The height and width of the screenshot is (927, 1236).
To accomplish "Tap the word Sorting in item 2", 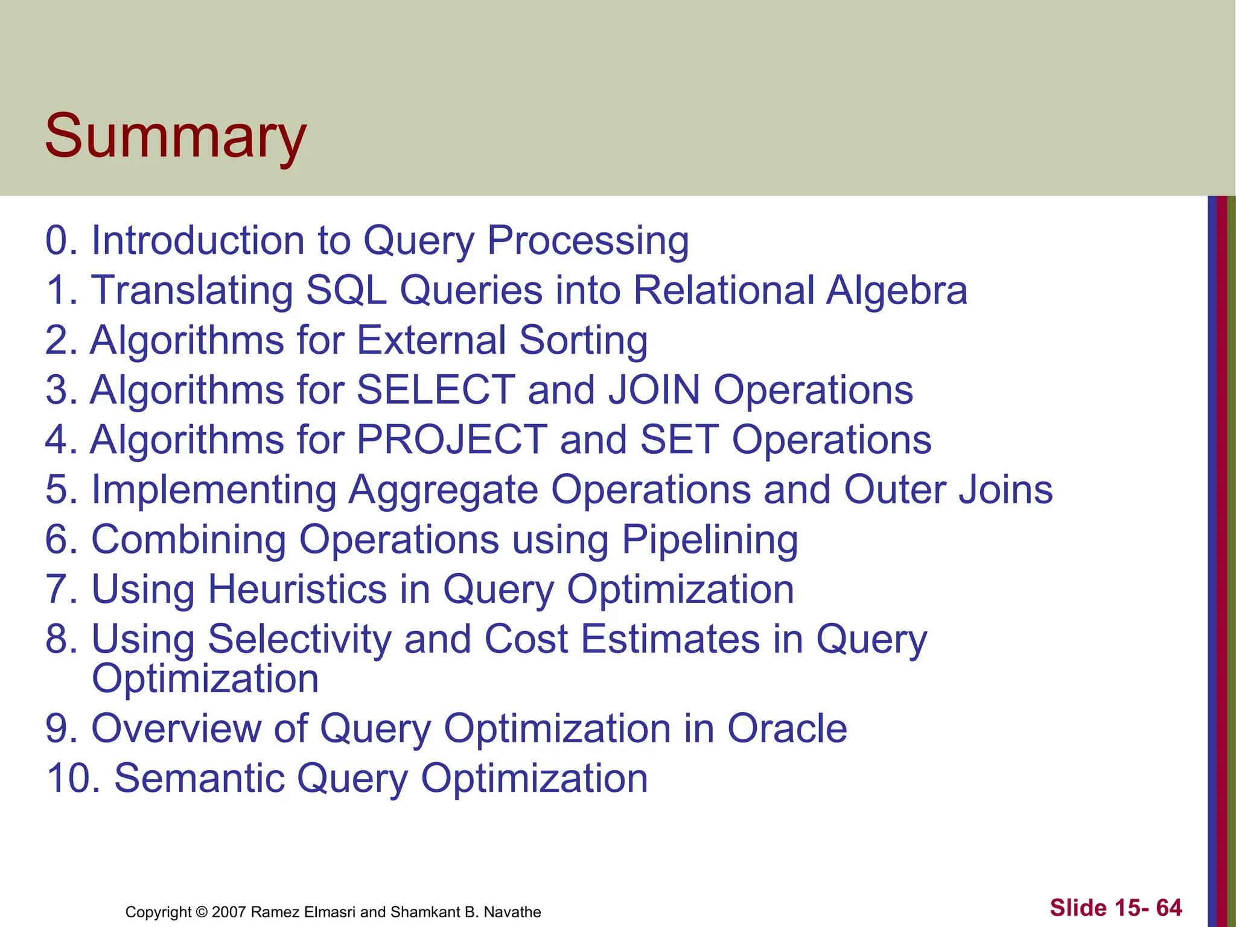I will coord(583,341).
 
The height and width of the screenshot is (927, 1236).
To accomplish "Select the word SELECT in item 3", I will coord(436,390).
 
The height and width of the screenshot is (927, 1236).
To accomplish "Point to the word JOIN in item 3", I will coord(654,390).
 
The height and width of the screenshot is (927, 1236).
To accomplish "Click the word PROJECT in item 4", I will coord(451,439).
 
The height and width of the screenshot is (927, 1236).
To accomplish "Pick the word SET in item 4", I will coord(679,439).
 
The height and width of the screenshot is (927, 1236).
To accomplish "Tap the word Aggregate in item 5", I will coord(443,490).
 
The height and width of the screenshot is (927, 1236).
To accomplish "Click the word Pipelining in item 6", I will coord(710,540).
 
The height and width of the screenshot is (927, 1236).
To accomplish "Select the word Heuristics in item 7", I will coord(298,589).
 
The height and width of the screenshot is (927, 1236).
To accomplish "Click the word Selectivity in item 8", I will coord(299,639).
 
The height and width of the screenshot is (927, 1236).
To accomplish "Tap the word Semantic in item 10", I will coord(199,779).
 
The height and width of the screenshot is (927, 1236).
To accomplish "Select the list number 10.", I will coord(72,779).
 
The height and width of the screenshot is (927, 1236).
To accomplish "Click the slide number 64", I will coord(1168,908).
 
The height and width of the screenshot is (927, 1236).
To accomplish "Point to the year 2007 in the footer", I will coord(229,912).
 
